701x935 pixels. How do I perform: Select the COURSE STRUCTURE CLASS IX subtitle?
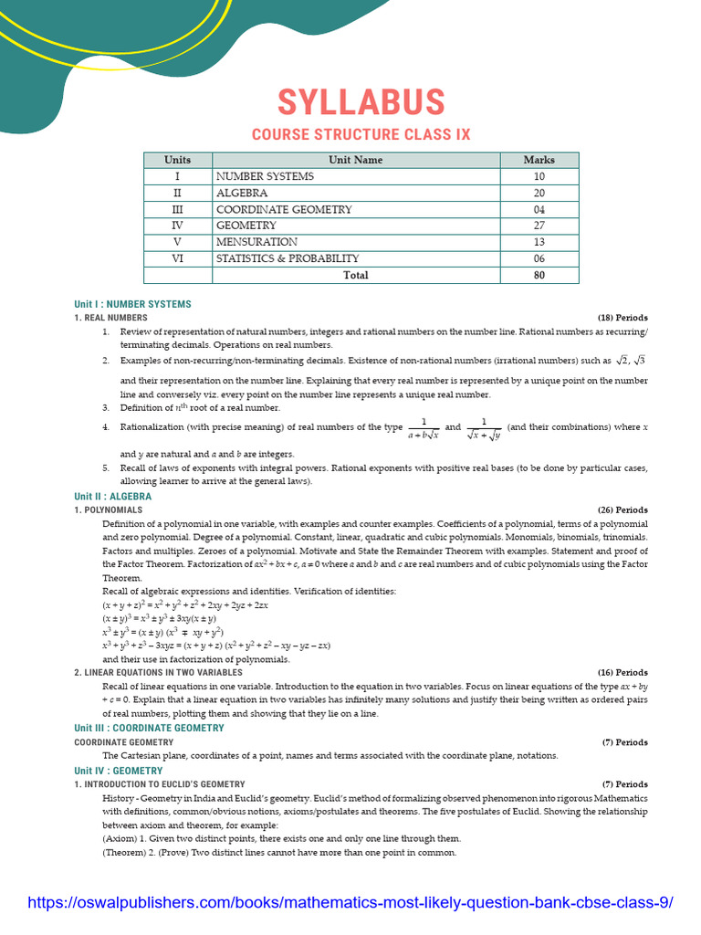pos(361,134)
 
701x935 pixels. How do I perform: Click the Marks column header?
pos(539,160)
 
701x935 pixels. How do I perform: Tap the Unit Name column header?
pos(356,160)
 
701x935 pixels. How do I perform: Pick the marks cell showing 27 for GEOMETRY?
pos(539,226)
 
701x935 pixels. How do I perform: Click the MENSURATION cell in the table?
pos(256,242)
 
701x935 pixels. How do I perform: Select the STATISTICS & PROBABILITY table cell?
pos(288,258)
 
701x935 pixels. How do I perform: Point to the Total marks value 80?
pos(539,275)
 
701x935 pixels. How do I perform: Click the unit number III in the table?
pos(178,209)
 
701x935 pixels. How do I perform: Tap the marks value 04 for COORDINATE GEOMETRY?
pos(539,209)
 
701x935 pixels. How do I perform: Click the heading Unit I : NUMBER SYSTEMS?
pos(132,304)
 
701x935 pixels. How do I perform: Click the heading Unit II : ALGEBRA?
pos(113,497)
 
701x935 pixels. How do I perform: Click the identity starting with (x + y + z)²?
pos(185,605)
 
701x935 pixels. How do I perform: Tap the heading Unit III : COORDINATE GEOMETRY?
pos(149,728)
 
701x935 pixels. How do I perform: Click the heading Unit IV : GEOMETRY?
pos(119,771)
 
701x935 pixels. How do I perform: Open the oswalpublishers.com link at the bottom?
pos(350,903)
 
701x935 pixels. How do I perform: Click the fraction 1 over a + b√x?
pos(424,428)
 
